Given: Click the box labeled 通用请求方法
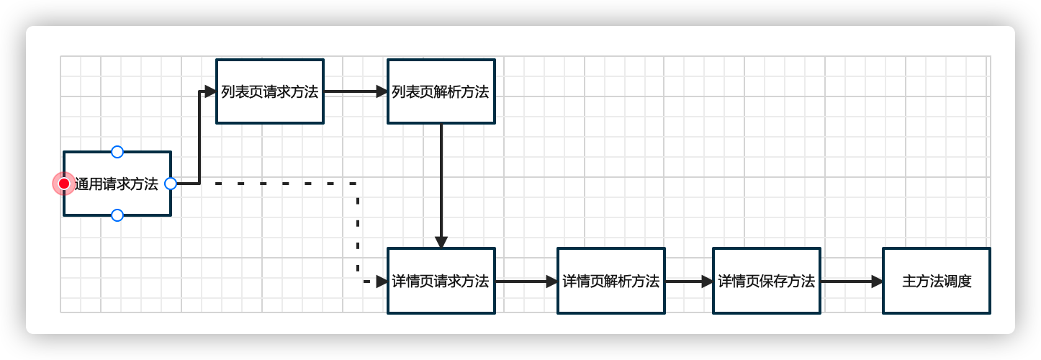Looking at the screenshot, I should [117, 184].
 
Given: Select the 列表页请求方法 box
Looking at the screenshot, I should [270, 91].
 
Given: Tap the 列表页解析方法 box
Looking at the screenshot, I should [441, 91].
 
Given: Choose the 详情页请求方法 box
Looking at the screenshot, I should [441, 281].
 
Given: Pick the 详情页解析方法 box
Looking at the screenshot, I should [610, 281].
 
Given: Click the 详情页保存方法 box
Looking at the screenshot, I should [766, 281].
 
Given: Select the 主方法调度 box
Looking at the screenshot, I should [936, 281].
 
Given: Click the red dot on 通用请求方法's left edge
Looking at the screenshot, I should [64, 184].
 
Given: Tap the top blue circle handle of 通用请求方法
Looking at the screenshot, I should [117, 152].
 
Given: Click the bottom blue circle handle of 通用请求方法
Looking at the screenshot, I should [117, 215].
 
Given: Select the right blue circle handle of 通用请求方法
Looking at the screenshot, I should [171, 184].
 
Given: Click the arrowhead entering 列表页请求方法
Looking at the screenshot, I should [210, 91].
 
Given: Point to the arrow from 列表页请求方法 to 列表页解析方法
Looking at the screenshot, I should [356, 91].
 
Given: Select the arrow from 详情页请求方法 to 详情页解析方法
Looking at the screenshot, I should [526, 282].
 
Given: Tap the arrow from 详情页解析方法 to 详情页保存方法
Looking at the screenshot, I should [688, 282].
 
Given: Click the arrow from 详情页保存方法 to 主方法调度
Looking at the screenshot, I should [851, 282].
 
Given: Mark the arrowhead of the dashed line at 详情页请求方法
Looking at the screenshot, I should [382, 282].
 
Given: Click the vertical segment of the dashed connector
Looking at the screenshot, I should [358, 230].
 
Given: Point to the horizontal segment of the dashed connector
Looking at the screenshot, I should [284, 184].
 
